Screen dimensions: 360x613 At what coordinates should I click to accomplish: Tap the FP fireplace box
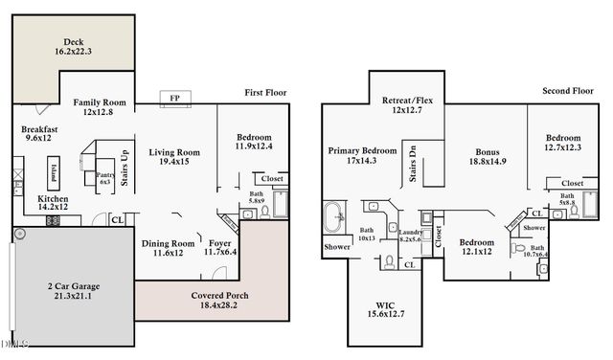point(174,98)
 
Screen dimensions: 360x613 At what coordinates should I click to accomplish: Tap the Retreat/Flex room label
point(406,99)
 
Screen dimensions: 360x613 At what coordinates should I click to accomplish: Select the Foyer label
point(219,243)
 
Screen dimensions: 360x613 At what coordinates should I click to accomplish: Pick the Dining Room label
point(168,243)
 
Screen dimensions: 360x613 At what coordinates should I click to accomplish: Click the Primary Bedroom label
point(362,151)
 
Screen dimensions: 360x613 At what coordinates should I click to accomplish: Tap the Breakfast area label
point(40,129)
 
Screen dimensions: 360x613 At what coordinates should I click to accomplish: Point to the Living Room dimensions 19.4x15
point(173,163)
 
